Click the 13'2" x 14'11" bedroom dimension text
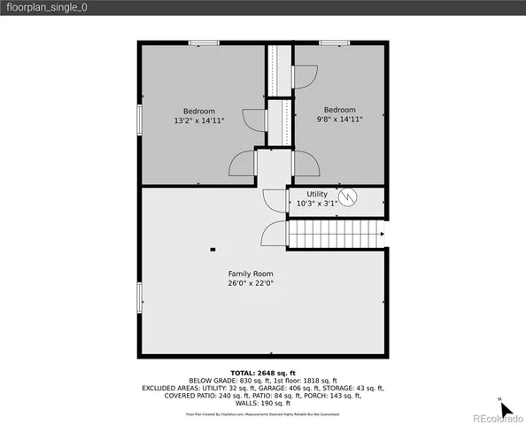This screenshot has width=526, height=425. (199, 120)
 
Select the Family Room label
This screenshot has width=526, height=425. (251, 274)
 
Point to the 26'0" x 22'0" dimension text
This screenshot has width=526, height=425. (251, 283)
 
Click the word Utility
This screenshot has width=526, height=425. (317, 194)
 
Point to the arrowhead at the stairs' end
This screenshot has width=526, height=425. (382, 235)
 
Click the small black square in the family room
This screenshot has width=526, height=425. (212, 250)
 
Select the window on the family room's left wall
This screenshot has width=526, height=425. (138, 297)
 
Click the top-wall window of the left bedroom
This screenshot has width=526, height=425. (205, 42)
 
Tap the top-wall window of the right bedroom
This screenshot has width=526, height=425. (334, 42)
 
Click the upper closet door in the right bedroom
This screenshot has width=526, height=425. (303, 77)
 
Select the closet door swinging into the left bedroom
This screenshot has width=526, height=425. (253, 120)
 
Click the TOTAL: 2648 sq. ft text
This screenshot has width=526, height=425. (262, 374)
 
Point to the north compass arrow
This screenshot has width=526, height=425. (506, 410)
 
